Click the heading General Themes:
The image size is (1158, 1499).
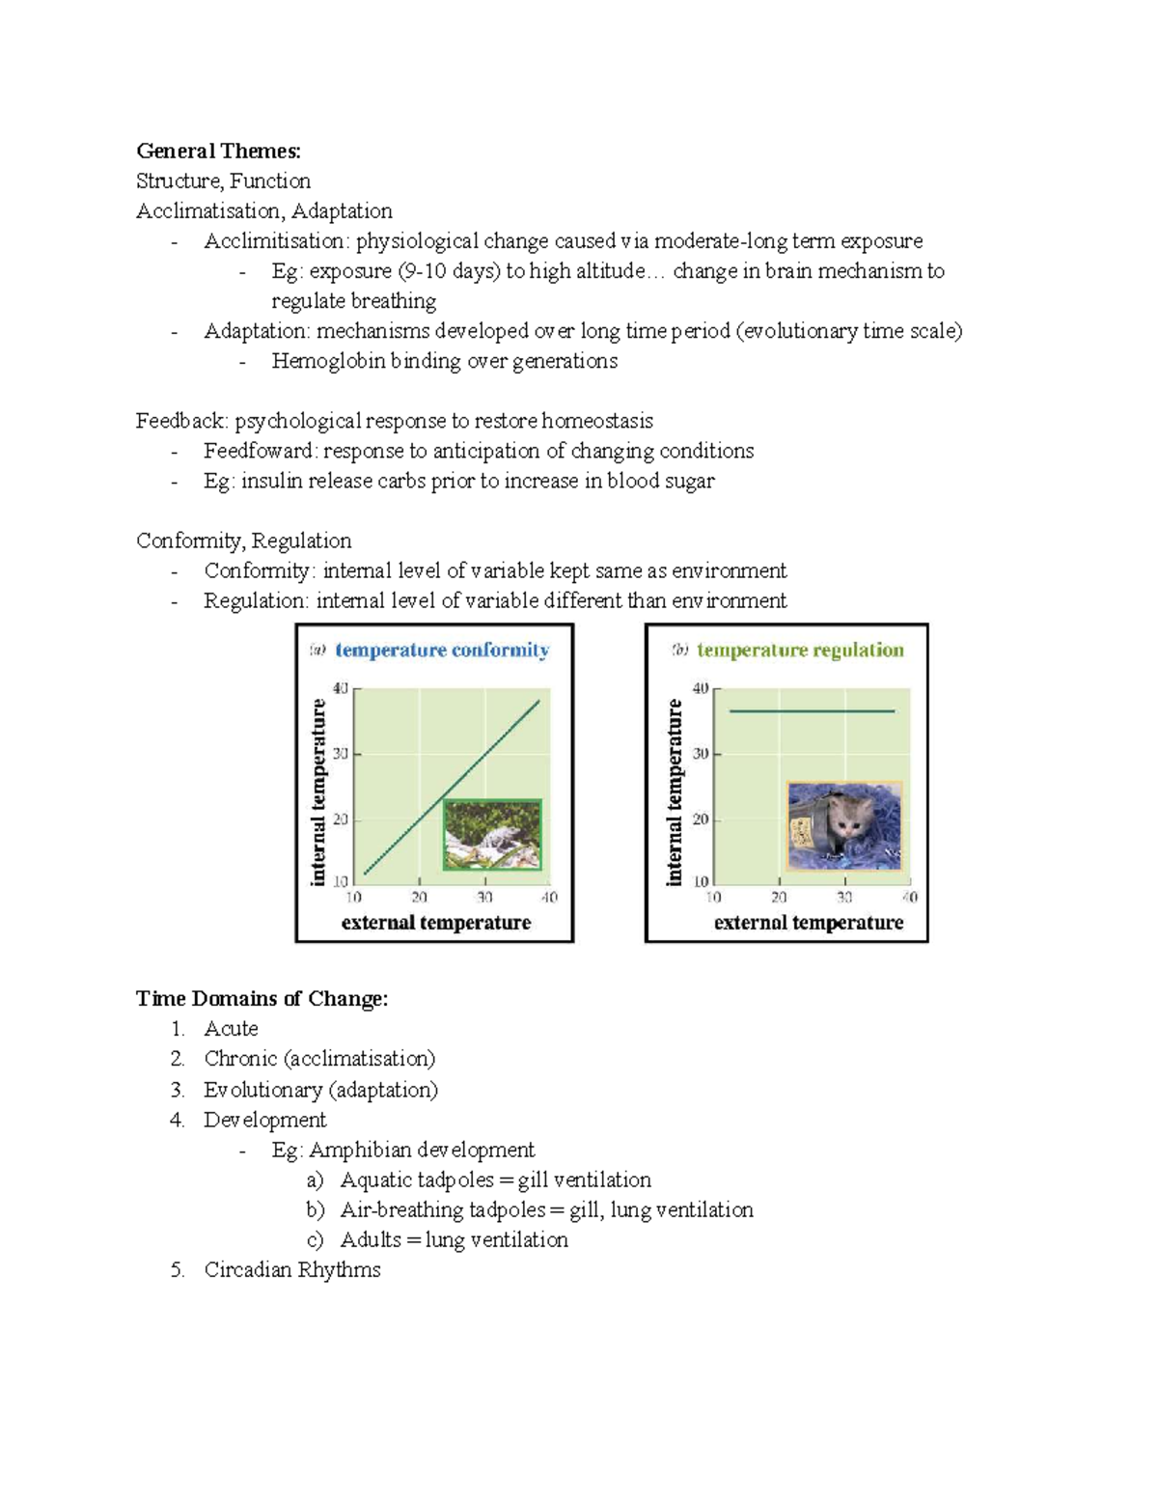click(x=218, y=151)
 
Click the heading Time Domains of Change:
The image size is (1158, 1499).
click(x=262, y=998)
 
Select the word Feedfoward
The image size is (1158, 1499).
click(x=259, y=451)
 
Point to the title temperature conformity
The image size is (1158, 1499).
click(x=442, y=650)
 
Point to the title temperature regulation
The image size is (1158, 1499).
click(x=800, y=650)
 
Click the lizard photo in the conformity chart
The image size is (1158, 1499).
click(x=492, y=835)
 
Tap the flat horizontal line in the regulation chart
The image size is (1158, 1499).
click(x=812, y=711)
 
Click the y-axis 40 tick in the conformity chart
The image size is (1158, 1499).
click(x=341, y=688)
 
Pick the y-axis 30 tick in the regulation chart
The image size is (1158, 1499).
click(x=701, y=753)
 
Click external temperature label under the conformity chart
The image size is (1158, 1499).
click(x=435, y=923)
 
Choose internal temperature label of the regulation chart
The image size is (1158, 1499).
click(x=674, y=791)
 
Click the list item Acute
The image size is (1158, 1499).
click(x=231, y=1029)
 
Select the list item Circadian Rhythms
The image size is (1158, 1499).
click(x=292, y=1269)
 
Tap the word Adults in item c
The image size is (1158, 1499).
click(x=371, y=1239)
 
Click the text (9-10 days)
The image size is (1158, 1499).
click(x=449, y=271)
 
